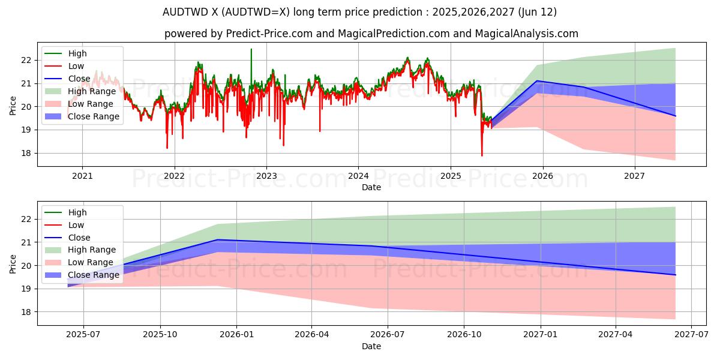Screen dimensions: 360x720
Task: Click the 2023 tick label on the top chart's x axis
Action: pyautogui.click(x=266, y=176)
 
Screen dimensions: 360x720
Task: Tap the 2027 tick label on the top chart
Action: pyautogui.click(x=634, y=176)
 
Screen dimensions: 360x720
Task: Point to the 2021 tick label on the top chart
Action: pyautogui.click(x=82, y=176)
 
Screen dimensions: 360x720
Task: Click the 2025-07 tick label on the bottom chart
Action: pyautogui.click(x=83, y=335)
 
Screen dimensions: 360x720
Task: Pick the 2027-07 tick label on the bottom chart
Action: pyautogui.click(x=692, y=335)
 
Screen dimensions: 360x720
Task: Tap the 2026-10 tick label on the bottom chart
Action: pyautogui.click(x=465, y=335)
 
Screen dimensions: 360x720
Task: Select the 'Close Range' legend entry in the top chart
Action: pyautogui.click(x=94, y=116)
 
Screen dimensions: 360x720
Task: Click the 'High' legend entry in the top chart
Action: pyautogui.click(x=76, y=53)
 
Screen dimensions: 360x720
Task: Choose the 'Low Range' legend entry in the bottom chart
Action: pyautogui.click(x=91, y=262)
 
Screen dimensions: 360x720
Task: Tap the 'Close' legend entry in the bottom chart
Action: pyautogui.click(x=79, y=237)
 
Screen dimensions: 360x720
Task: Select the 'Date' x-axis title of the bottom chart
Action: pyautogui.click(x=371, y=346)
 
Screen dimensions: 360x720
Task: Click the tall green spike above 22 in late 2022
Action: pyautogui.click(x=251, y=50)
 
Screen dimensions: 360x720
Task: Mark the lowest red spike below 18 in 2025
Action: pyautogui.click(x=482, y=155)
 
